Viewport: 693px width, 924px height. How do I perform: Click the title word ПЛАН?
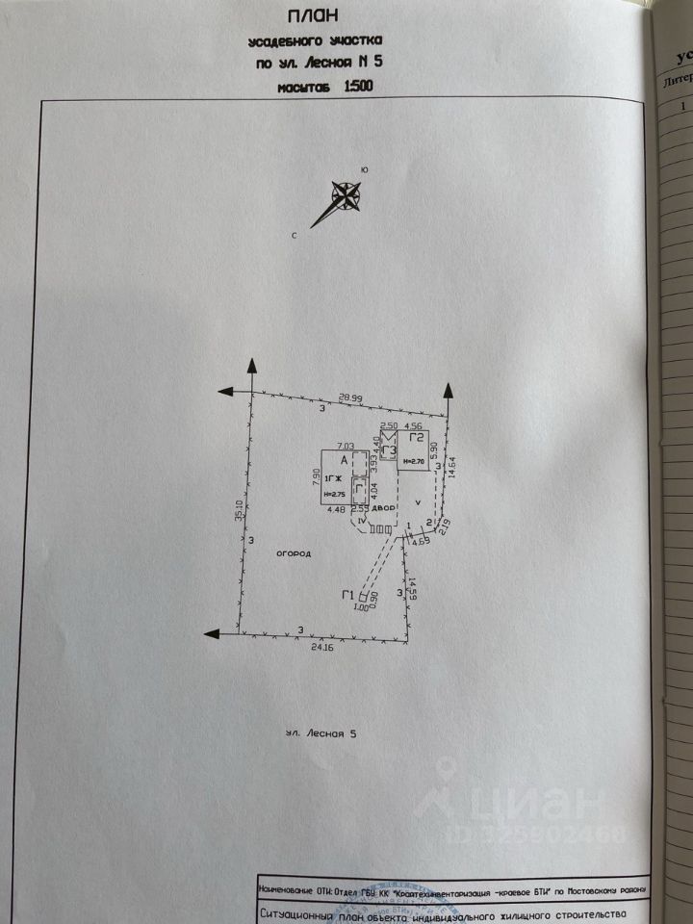(313, 16)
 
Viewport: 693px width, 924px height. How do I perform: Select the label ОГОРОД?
(294, 554)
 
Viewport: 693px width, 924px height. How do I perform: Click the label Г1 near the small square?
(346, 595)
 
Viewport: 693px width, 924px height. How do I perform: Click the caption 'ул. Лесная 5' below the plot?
(321, 733)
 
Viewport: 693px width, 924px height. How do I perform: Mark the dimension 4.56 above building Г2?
(414, 425)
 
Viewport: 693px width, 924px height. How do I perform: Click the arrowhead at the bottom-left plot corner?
(210, 632)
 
